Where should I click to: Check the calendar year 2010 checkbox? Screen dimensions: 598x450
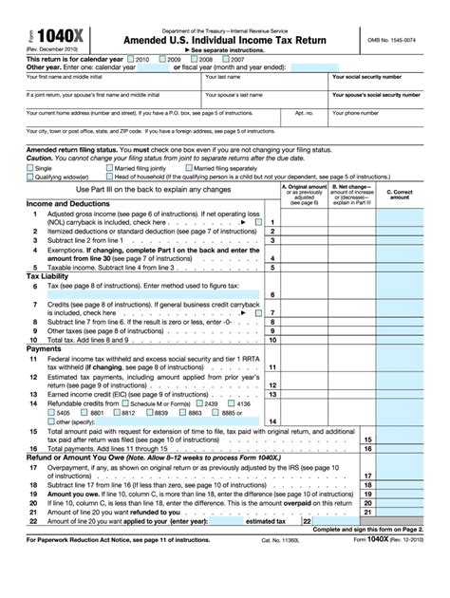pyautogui.click(x=132, y=58)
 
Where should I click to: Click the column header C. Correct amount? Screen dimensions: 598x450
pyautogui.click(x=399, y=194)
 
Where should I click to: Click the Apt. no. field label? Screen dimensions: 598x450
pyautogui.click(x=304, y=112)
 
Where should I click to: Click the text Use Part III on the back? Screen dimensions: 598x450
pyautogui.click(x=152, y=190)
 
